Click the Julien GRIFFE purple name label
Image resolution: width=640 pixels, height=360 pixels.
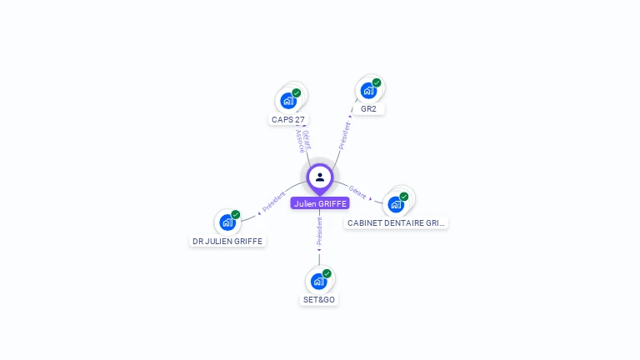pyautogui.click(x=320, y=203)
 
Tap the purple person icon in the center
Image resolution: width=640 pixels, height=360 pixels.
pyautogui.click(x=320, y=177)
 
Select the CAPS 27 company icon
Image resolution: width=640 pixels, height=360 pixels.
pyautogui.click(x=288, y=101)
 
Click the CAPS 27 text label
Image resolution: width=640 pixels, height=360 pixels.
pyautogui.click(x=288, y=120)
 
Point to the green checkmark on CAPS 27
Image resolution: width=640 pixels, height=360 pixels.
pyautogui.click(x=297, y=92)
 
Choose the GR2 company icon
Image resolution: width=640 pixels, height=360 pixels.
pyautogui.click(x=368, y=91)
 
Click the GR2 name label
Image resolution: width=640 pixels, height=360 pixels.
pyautogui.click(x=368, y=109)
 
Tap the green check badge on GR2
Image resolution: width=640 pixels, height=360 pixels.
pyautogui.click(x=377, y=82)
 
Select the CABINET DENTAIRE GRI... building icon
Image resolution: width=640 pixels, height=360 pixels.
pyautogui.click(x=396, y=204)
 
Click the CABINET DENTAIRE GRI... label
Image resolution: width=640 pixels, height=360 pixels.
pyautogui.click(x=397, y=223)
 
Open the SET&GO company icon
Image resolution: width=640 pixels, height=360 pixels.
pyautogui.click(x=318, y=282)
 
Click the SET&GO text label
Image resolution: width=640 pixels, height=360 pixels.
pyautogui.click(x=319, y=300)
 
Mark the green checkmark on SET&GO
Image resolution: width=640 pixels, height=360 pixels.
pyautogui.click(x=327, y=273)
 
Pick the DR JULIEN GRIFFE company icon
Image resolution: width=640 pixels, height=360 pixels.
pyautogui.click(x=227, y=222)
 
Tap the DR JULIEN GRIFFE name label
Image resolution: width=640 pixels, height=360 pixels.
pyautogui.click(x=227, y=242)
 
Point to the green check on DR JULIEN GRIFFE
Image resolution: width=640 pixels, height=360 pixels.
pyautogui.click(x=236, y=214)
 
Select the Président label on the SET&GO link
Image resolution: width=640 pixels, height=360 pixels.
pyautogui.click(x=319, y=231)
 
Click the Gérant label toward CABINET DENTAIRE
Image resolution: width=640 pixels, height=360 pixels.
pyautogui.click(x=357, y=192)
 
